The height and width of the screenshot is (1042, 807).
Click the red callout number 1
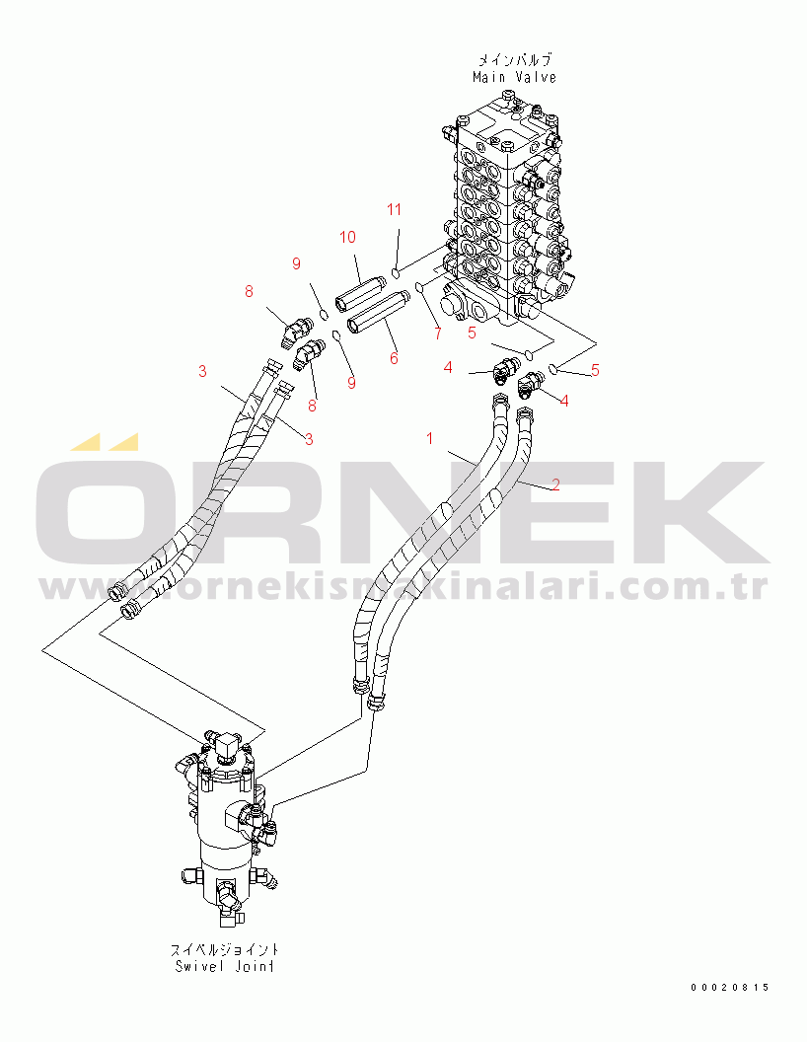(430, 438)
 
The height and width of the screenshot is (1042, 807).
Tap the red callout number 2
(555, 485)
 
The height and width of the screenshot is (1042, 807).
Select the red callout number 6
(394, 359)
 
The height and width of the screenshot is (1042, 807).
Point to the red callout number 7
(437, 334)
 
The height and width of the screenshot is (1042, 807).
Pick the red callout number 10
(347, 237)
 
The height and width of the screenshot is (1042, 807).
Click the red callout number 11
(394, 210)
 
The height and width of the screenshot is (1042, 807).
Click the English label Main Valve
(514, 77)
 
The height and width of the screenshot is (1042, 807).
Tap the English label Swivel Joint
(225, 966)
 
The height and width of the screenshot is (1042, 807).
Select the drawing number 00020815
(729, 988)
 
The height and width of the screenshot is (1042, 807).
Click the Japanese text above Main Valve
(515, 60)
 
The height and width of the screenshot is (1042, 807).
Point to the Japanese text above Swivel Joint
(225, 949)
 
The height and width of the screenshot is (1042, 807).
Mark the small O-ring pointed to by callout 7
(419, 286)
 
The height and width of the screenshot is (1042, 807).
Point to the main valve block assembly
(508, 213)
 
